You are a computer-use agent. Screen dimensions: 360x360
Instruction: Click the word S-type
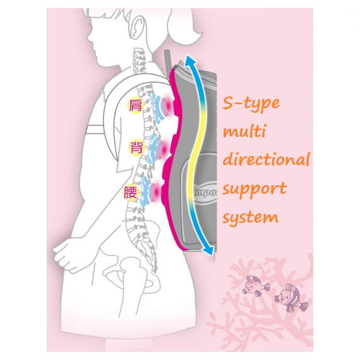pyautogui.click(x=251, y=103)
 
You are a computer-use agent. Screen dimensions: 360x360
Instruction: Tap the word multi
pyautogui.click(x=244, y=131)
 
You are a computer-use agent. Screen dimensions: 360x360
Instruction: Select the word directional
pyautogui.click(x=267, y=159)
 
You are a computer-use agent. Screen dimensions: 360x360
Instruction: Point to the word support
pyautogui.click(x=255, y=189)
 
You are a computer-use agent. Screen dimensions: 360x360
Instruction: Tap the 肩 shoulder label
pyautogui.click(x=136, y=105)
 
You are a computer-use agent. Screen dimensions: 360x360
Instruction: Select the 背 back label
pyautogui.click(x=136, y=147)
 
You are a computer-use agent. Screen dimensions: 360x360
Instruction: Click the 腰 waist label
pyautogui.click(x=130, y=193)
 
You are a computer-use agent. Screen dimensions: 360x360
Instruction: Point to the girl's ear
pyautogui.click(x=137, y=27)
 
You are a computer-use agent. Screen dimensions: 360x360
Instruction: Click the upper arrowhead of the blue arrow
pyautogui.click(x=190, y=60)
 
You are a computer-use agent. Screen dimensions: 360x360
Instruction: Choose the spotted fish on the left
pyautogui.click(x=256, y=286)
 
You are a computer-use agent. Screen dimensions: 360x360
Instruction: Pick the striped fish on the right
pyautogui.click(x=291, y=297)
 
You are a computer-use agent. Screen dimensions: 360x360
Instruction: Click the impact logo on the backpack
pyautogui.click(x=205, y=192)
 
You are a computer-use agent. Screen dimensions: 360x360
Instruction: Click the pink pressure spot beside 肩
pyautogui.click(x=169, y=106)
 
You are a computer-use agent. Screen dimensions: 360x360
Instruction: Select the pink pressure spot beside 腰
pyautogui.click(x=157, y=191)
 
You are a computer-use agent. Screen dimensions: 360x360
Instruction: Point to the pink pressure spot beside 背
pyautogui.click(x=164, y=149)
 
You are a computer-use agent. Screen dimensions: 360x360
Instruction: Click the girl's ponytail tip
pyautogui.click(x=200, y=37)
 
